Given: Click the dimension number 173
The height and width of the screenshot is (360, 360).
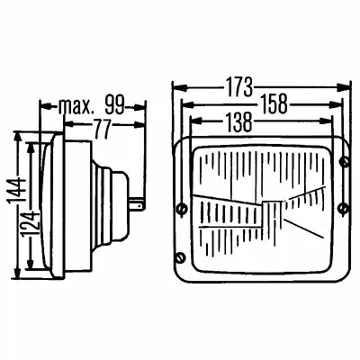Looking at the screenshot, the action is coord(238,87).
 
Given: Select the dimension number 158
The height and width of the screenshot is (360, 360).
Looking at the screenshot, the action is coord(274,104).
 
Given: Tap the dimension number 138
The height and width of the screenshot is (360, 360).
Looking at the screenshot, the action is coord(238,122).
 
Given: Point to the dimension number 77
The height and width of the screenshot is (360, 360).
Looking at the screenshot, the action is coord(103,129).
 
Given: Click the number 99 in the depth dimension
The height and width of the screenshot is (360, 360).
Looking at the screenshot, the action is coord(114,105).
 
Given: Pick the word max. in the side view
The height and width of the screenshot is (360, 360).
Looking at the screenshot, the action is coord(74,106).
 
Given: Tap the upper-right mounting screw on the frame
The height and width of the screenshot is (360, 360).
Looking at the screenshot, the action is coord(345,162).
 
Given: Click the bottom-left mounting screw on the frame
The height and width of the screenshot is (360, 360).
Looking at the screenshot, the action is coord(180,257).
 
